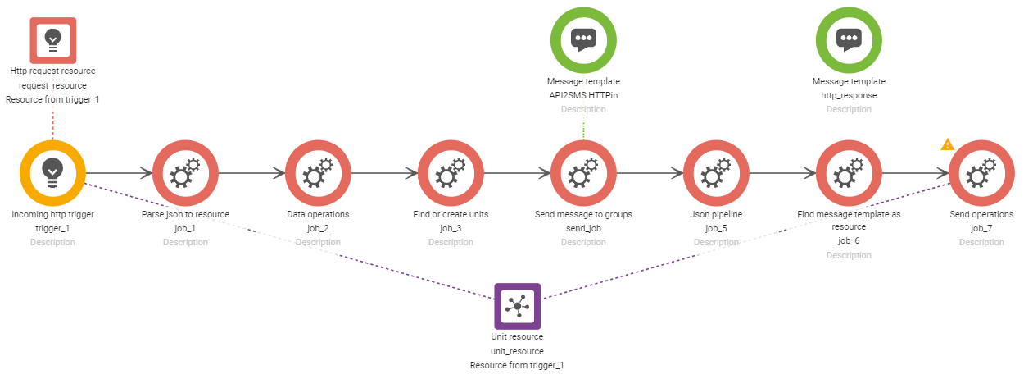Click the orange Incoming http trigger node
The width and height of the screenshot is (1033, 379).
click(x=52, y=173)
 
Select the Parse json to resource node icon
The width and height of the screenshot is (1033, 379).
click(x=185, y=173)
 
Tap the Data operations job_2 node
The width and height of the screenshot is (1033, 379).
click(x=318, y=173)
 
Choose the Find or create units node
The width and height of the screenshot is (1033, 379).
click(x=451, y=173)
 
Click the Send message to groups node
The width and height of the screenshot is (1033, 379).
click(x=583, y=173)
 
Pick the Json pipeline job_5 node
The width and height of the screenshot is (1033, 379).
click(x=716, y=173)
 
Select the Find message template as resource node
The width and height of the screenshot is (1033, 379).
click(x=849, y=173)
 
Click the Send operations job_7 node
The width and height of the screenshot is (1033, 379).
click(x=981, y=173)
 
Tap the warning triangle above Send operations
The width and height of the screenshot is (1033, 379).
click(x=947, y=145)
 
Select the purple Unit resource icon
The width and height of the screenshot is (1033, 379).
click(x=517, y=306)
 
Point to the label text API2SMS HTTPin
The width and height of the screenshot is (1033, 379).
click(x=583, y=95)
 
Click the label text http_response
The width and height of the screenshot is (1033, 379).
click(x=849, y=95)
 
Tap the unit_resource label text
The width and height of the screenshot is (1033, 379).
click(x=517, y=350)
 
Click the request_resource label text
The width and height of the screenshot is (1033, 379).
click(x=52, y=85)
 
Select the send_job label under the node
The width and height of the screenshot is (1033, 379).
click(x=583, y=228)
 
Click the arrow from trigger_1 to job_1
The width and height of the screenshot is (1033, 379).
click(x=119, y=173)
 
